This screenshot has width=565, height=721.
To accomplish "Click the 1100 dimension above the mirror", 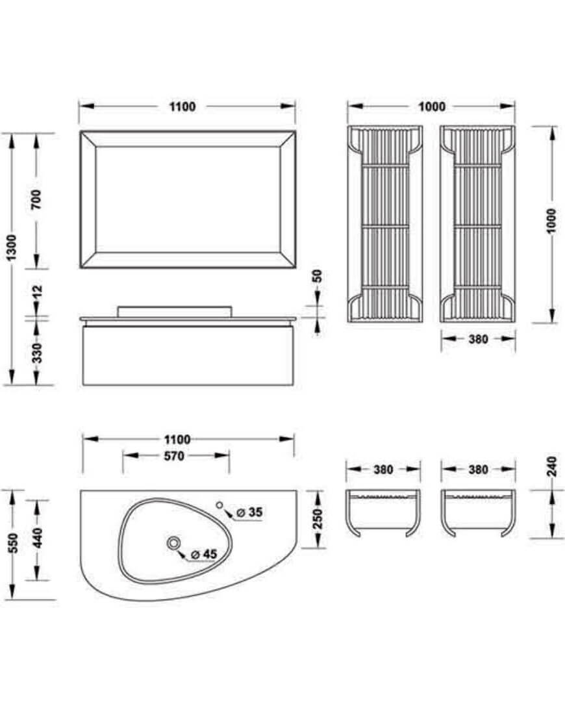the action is coord(182,107).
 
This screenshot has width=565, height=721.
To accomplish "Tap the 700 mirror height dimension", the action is coord(36,199).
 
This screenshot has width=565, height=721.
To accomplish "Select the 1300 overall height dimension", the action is coord(11,247).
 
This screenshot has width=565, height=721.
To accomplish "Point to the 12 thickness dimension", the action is coord(37,292).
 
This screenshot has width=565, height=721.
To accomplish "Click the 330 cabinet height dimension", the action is coord(37,353).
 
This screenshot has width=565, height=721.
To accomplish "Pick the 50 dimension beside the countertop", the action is coord(317,276).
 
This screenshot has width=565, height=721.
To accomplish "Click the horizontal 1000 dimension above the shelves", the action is coord(432,107).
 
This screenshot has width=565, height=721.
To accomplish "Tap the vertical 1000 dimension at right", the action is coord(551,221).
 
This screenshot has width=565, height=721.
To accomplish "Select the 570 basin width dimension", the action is coord(175,456).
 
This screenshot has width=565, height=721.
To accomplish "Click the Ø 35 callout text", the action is coord(249,512).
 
